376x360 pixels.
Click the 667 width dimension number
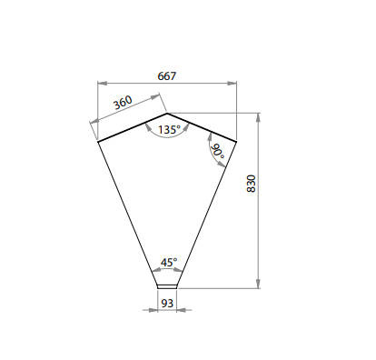click(166, 76)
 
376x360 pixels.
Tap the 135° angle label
click(168, 130)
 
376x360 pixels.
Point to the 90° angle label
click(218, 151)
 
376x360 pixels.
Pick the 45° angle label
click(168, 262)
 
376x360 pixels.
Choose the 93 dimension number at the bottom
click(167, 303)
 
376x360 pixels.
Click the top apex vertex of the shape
click(168, 114)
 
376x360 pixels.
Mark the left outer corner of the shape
click(98, 142)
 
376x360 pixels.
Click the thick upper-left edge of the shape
click(133, 128)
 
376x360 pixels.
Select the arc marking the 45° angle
click(167, 270)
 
